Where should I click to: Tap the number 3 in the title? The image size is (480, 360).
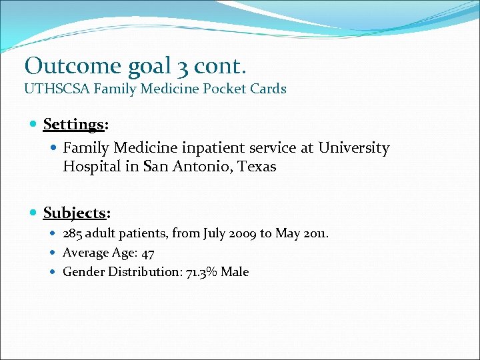[183, 65]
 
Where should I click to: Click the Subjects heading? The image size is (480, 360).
[75, 213]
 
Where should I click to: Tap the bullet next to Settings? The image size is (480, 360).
[34, 125]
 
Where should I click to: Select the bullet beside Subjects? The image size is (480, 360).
[34, 213]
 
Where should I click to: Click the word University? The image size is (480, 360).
[353, 147]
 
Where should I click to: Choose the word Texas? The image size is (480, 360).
[256, 167]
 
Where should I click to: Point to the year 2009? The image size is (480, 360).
[241, 233]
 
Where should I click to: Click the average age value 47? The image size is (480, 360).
[148, 253]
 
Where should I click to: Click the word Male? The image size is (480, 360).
[234, 272]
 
